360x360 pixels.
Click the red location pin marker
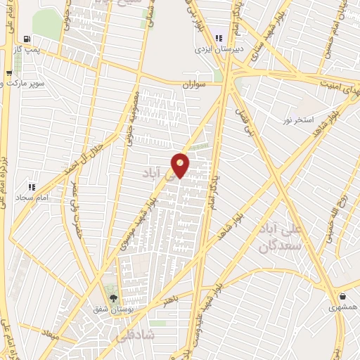(x=181, y=165)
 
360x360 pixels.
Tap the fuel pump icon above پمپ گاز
(x=26, y=40)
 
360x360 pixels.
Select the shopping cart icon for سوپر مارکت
(x=9, y=72)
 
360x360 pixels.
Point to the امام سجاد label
(x=32, y=198)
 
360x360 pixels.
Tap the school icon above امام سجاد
(x=31, y=187)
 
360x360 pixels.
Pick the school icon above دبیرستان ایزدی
(x=219, y=38)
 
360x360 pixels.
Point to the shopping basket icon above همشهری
(x=342, y=297)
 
